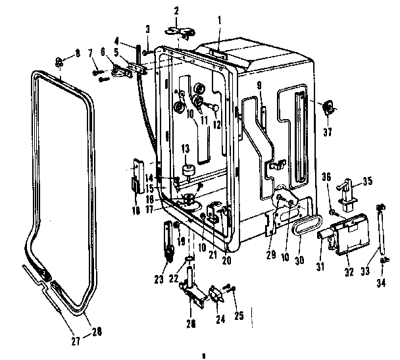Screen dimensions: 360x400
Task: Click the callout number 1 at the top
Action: [219, 20]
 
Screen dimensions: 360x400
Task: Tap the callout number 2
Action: [176, 11]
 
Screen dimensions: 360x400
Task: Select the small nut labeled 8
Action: [59, 63]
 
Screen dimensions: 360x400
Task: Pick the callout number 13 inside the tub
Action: [186, 149]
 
